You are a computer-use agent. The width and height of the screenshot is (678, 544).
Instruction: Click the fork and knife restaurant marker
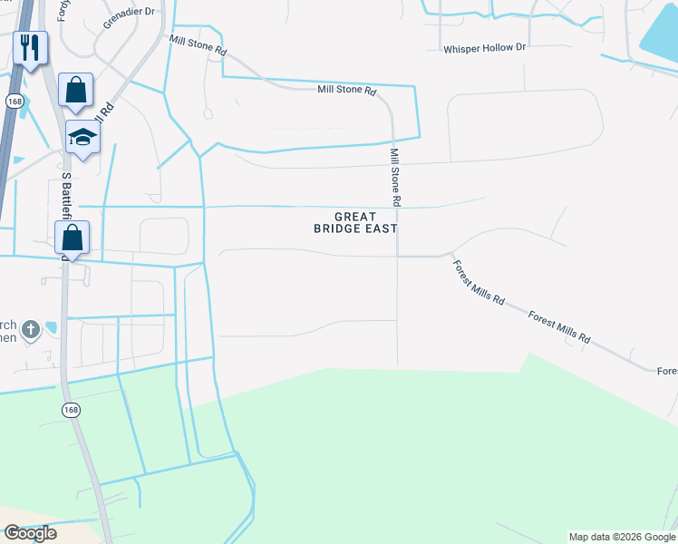click(x=30, y=47)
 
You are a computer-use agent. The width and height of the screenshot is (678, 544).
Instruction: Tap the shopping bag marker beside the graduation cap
click(x=75, y=90)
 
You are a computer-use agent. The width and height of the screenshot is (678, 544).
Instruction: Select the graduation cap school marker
click(x=82, y=137)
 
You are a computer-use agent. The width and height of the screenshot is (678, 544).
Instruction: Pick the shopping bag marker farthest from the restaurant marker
click(x=72, y=238)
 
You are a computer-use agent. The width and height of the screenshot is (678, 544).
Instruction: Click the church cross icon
click(x=30, y=328)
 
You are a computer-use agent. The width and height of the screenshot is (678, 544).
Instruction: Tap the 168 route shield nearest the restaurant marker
click(x=14, y=102)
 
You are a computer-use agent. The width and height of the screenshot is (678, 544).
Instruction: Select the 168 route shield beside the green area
click(x=71, y=411)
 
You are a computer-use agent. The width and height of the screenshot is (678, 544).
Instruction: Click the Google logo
click(x=30, y=533)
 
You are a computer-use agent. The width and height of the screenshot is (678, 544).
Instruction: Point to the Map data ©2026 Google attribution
click(x=621, y=537)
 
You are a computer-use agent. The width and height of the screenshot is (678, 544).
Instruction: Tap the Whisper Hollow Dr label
click(x=484, y=47)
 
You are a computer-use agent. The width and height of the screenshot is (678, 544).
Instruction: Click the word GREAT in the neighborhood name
click(x=355, y=217)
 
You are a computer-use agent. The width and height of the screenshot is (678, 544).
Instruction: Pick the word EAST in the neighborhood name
click(x=382, y=229)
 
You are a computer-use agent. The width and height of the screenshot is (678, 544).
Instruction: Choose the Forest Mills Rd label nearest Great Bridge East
click(x=478, y=284)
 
